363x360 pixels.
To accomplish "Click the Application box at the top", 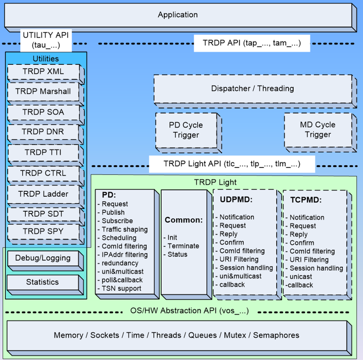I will point(177,15).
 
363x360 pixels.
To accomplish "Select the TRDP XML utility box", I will point(43,72).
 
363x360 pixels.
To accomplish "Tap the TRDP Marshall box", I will point(43,92).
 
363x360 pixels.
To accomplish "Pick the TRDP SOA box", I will point(43,112).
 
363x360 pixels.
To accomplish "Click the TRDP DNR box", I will point(43,132).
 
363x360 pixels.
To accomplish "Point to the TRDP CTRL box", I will point(43,173).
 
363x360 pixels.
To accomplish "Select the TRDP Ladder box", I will point(43,194).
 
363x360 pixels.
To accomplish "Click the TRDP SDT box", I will point(43,214).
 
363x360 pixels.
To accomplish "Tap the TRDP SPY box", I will point(43,232).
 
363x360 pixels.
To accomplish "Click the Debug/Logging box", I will point(43,258).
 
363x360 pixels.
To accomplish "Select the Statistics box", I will point(42,282).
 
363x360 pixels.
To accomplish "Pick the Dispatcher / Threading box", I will point(252,88).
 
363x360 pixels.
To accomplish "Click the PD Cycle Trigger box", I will point(186,130).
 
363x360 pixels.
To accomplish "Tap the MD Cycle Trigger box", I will point(318,129).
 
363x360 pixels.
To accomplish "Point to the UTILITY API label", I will point(45,40).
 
